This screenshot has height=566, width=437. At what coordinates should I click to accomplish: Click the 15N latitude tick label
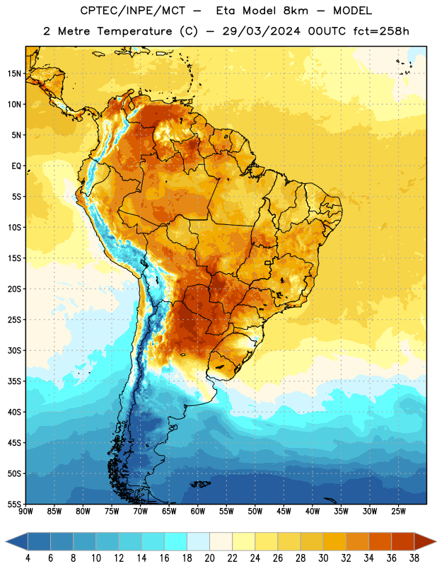[14, 74]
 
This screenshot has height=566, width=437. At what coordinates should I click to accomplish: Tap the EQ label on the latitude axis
[16, 166]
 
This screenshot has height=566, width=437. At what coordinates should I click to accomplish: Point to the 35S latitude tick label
[14, 381]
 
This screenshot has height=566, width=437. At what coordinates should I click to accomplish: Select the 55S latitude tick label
[14, 504]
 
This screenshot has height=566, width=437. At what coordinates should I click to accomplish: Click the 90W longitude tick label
[25, 512]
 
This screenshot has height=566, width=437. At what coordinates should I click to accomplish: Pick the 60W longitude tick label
[198, 512]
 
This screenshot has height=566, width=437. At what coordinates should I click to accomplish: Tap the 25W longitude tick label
[398, 512]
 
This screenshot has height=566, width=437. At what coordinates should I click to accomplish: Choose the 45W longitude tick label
[284, 512]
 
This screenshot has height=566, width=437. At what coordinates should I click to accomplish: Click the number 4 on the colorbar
[28, 558]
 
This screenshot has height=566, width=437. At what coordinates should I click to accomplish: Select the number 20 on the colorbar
[209, 558]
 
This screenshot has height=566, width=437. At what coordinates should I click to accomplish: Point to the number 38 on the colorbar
[414, 558]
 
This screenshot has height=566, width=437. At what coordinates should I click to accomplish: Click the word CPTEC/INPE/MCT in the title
[132, 11]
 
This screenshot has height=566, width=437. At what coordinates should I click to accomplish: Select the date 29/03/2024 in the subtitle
[261, 31]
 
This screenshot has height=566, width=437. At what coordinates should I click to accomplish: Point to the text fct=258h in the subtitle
[381, 31]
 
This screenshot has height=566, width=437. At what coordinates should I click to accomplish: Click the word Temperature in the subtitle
[134, 31]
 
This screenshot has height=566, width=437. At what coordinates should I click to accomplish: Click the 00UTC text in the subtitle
[327, 31]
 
